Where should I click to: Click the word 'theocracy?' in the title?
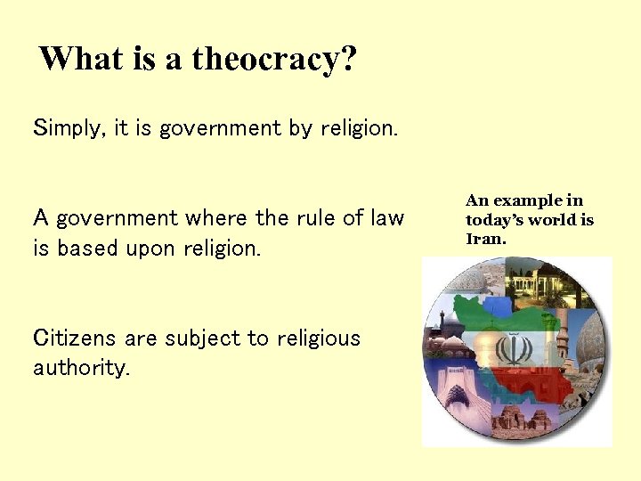click(x=274, y=59)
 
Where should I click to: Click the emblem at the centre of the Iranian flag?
click(x=511, y=348)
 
